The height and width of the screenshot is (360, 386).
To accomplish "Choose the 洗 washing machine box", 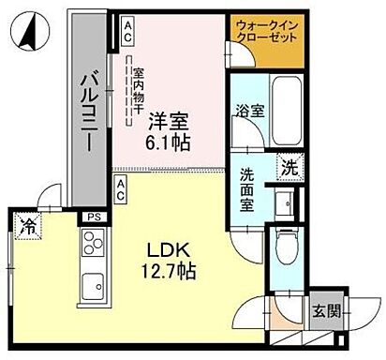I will pyautogui.click(x=290, y=169).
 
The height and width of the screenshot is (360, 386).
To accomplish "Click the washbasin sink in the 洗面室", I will pyautogui.click(x=286, y=202).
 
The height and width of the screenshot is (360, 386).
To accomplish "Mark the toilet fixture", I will pyautogui.click(x=286, y=251).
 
